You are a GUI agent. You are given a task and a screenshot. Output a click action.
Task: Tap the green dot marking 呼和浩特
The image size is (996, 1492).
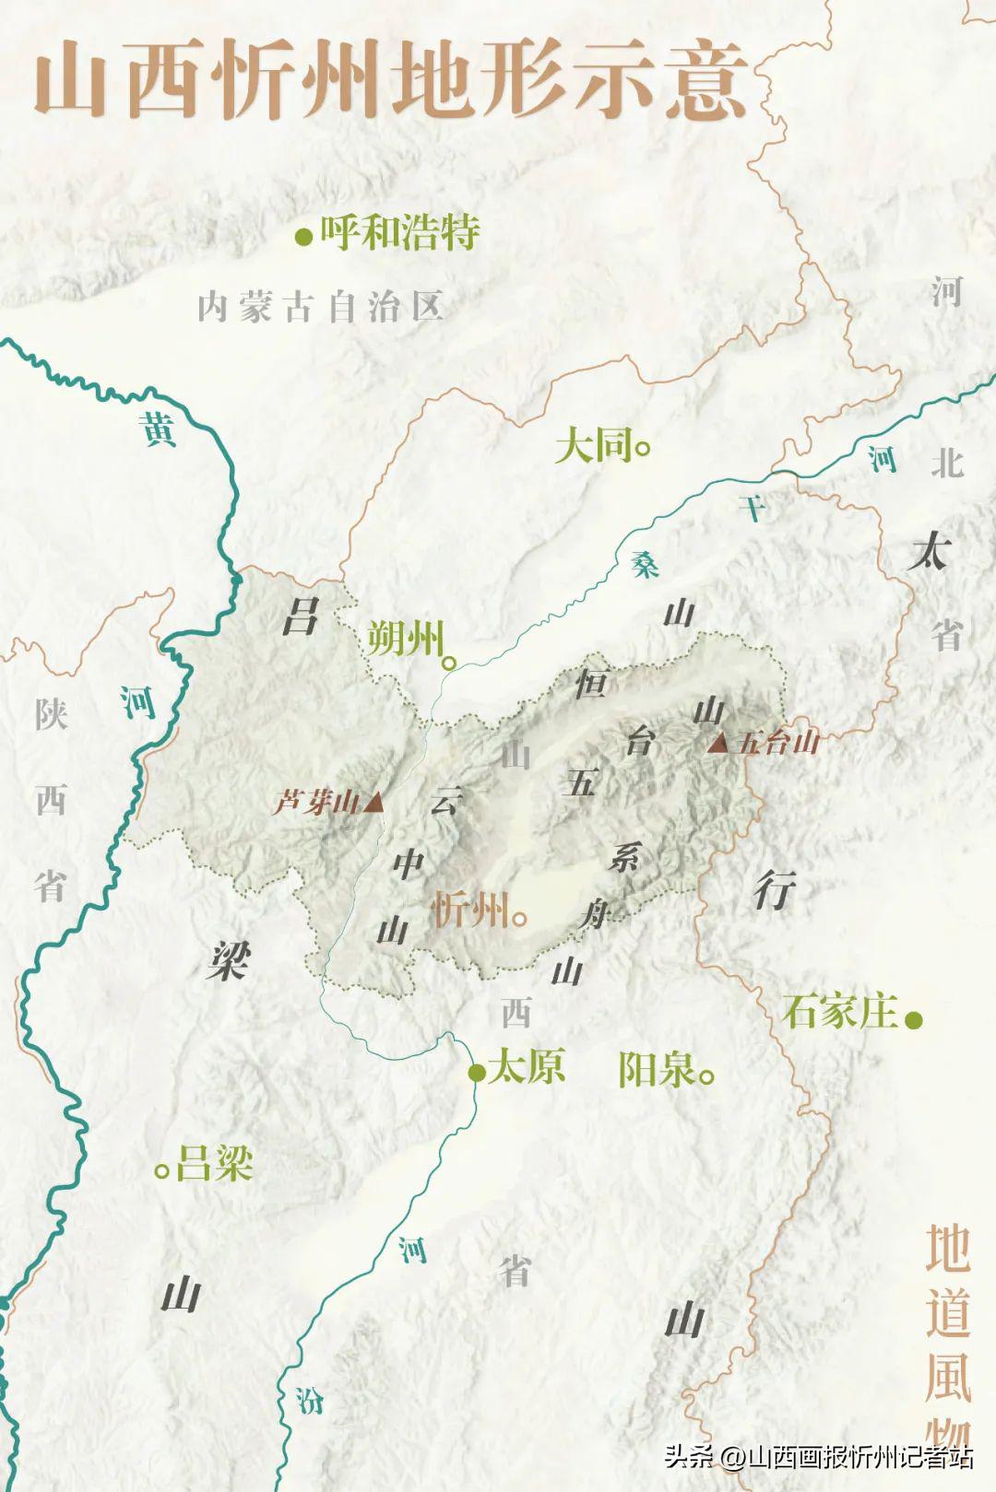302,239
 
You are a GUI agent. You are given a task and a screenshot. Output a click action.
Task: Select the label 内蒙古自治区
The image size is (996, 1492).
321,306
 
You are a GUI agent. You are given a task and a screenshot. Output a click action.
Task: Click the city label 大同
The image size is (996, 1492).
593,447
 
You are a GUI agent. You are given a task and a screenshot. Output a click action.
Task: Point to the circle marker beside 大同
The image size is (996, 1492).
644,449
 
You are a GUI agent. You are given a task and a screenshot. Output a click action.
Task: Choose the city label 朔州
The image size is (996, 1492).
405,638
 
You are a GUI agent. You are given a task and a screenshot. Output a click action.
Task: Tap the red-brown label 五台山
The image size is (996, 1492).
778,743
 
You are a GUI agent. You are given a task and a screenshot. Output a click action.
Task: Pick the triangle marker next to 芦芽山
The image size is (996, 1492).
373,803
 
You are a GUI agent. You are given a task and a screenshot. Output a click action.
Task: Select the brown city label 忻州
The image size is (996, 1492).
469,911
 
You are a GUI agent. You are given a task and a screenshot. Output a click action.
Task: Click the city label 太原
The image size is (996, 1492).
526,1067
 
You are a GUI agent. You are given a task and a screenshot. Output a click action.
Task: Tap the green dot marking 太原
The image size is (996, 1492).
477,1072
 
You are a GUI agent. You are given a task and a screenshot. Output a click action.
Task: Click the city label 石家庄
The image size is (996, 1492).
840,1012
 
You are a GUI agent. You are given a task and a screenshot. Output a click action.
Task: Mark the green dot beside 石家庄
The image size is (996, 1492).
914,1020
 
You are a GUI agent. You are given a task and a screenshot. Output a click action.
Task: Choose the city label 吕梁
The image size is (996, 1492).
214,1164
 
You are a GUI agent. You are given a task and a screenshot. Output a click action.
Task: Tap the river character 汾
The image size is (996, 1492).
310,1401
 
